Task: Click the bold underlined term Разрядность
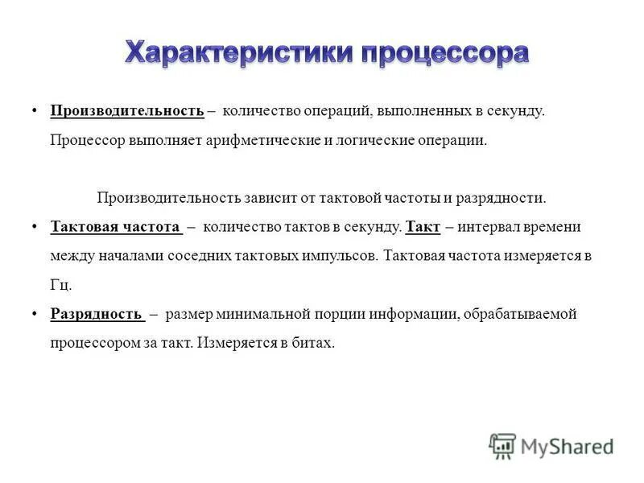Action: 97,314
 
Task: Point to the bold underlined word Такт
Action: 423,227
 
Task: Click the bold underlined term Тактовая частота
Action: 115,227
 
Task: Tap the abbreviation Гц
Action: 61,285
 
